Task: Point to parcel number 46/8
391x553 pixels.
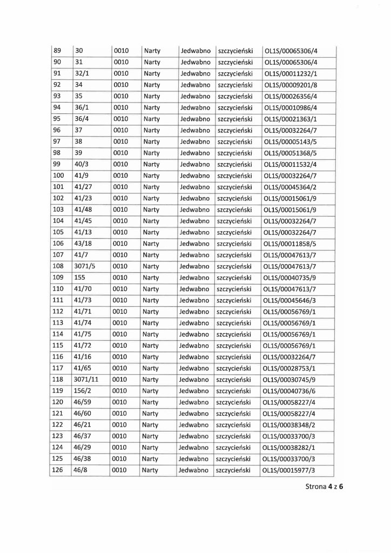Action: click(x=81, y=470)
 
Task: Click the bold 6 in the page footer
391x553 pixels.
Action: click(x=341, y=501)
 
